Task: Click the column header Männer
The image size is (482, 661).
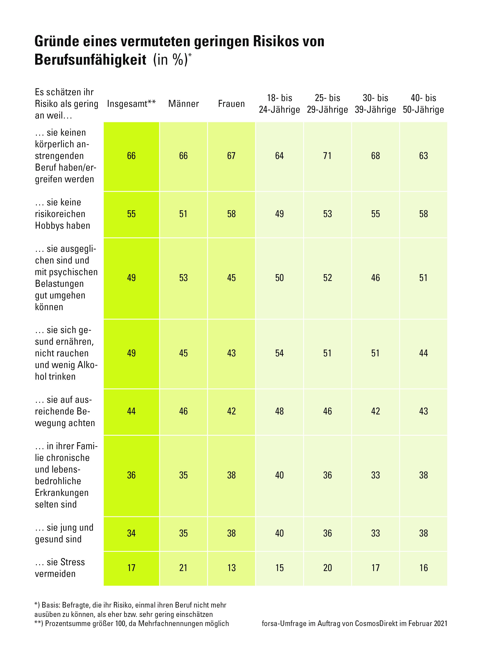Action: tap(183, 104)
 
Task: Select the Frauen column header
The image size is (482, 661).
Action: tap(231, 104)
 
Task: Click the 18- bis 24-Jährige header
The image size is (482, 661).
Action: tap(279, 104)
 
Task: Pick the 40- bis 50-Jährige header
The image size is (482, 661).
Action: tap(423, 104)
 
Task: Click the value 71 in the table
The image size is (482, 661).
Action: tap(327, 156)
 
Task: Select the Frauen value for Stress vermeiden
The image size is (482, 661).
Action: tap(231, 568)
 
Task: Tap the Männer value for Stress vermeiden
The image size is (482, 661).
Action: tap(183, 568)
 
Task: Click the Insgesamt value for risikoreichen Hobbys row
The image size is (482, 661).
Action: tap(131, 214)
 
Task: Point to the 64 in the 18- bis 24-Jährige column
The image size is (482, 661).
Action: tap(279, 156)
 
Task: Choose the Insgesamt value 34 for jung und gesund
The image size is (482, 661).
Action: tap(131, 533)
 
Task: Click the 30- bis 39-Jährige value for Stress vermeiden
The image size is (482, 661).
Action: tap(375, 568)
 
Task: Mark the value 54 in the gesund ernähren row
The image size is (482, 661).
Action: tap(279, 353)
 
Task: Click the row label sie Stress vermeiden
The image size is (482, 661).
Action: tap(60, 568)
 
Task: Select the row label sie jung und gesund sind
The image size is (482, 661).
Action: tap(64, 533)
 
